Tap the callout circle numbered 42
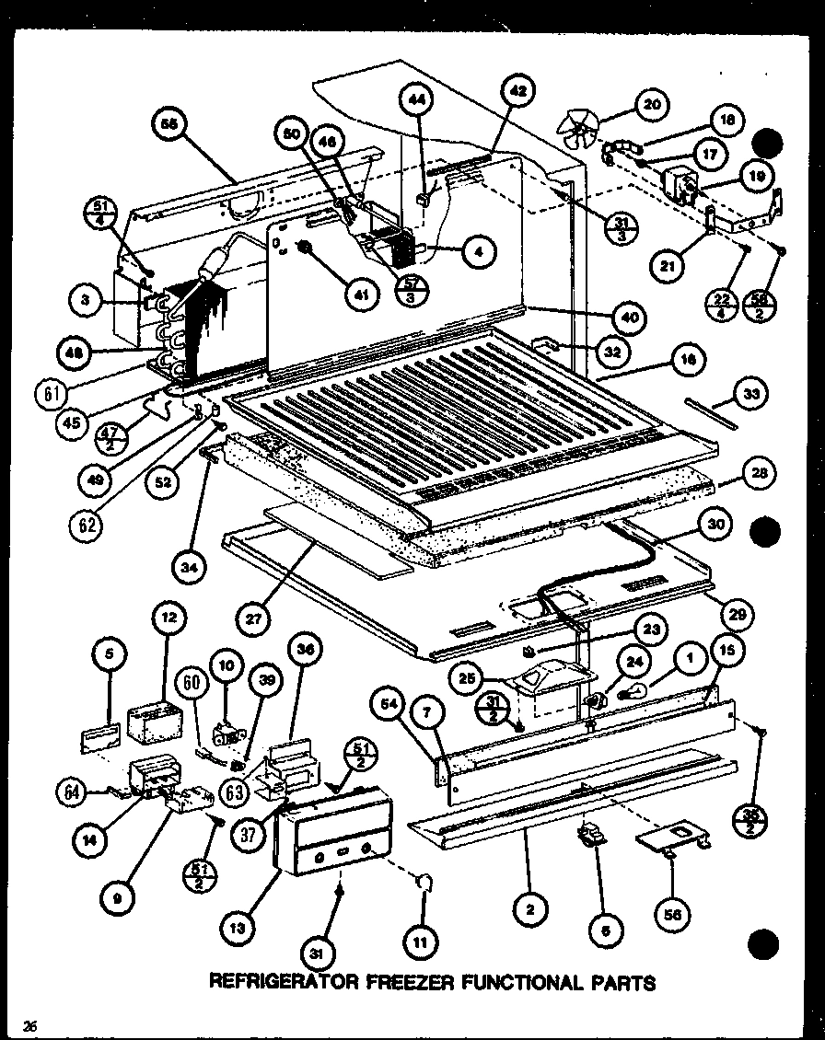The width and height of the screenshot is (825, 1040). click(x=518, y=91)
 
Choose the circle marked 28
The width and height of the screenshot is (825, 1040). click(x=758, y=474)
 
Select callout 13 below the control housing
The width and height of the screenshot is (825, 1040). click(x=238, y=930)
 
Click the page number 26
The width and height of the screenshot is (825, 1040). click(x=30, y=1026)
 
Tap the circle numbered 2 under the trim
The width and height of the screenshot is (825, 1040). click(x=528, y=911)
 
